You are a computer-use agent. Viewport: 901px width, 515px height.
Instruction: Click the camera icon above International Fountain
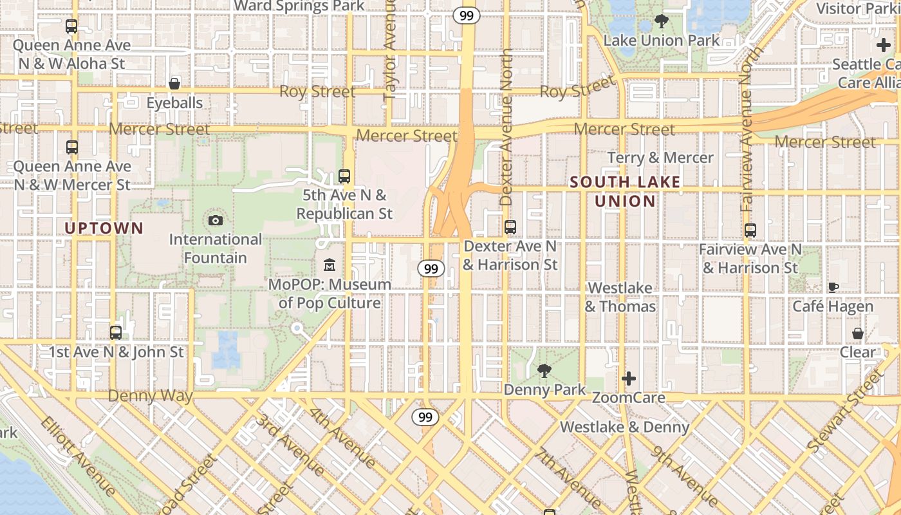216,221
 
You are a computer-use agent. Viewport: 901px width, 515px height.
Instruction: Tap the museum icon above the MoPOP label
330,265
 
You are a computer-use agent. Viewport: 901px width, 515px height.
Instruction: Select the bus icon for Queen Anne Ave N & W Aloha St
71,26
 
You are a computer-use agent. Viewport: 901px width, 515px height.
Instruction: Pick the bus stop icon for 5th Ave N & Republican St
344,176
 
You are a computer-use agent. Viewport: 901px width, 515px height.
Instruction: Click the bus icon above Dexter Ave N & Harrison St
510,227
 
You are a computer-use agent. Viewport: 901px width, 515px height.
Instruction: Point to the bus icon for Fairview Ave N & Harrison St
750,230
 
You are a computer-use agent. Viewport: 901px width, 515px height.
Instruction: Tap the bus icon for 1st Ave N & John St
116,333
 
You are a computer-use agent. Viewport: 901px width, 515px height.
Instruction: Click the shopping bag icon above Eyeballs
174,84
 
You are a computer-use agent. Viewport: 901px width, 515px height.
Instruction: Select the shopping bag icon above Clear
857,333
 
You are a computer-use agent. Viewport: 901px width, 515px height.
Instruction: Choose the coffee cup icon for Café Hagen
833,287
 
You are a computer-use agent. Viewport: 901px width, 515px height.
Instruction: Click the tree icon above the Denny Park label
544,370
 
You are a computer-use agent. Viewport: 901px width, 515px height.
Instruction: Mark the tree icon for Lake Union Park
661,21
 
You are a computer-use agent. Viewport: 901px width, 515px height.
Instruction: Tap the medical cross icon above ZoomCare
629,378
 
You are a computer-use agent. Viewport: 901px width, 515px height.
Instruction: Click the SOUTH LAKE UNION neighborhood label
625,191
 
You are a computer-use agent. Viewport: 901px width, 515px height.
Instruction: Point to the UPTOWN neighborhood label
104,228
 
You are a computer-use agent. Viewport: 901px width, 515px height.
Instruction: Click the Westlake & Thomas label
620,297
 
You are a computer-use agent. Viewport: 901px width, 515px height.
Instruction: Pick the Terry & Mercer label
660,158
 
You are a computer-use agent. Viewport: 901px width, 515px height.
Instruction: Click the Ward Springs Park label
299,6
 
